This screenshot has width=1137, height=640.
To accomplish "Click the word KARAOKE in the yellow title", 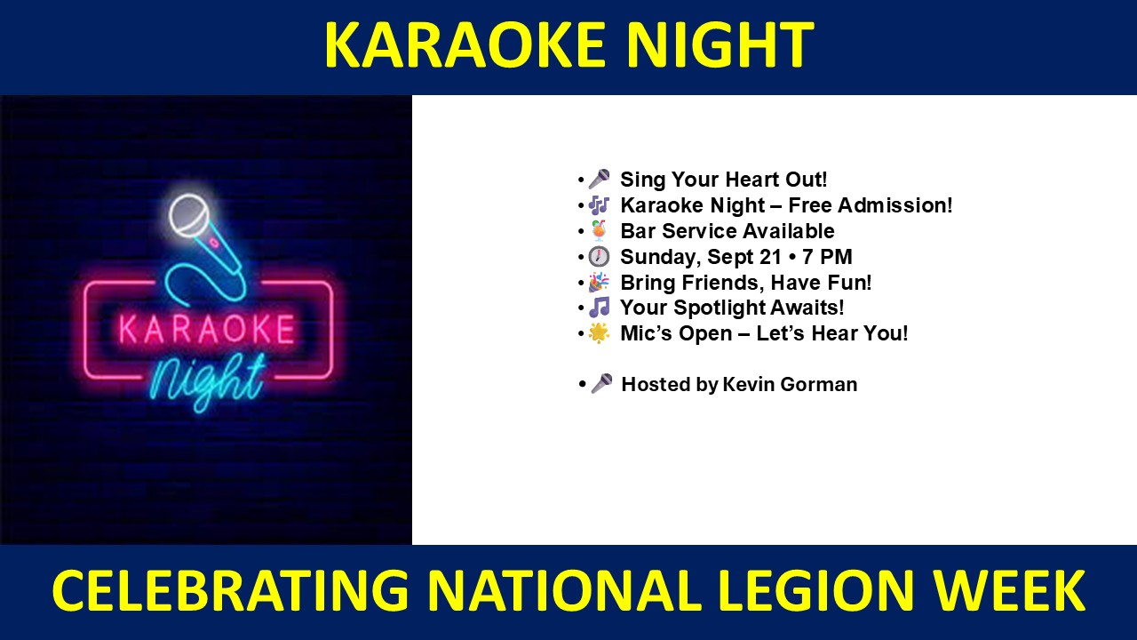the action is tap(465, 44).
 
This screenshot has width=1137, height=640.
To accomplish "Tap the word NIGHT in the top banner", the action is tap(719, 44).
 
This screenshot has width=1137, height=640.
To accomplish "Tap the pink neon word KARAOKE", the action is tap(207, 329).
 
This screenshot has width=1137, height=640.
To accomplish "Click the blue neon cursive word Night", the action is tap(208, 380).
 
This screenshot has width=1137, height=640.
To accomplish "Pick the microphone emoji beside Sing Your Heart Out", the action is tap(599, 180).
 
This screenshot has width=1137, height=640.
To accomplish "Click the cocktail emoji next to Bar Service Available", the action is tap(599, 230).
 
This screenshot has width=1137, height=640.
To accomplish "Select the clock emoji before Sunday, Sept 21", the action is tap(599, 257).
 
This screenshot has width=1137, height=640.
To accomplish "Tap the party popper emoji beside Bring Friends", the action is tap(599, 283).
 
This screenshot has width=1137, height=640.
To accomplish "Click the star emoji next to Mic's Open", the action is tap(599, 333).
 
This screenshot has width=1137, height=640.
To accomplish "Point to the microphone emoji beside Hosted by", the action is tap(601, 384).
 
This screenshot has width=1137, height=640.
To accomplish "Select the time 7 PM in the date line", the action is tap(827, 257).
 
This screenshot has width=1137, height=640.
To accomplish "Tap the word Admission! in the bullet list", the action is tap(894, 205).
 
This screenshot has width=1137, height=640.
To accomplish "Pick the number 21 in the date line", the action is tap(769, 257).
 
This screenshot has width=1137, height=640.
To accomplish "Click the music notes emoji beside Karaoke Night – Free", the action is tap(599, 205).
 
